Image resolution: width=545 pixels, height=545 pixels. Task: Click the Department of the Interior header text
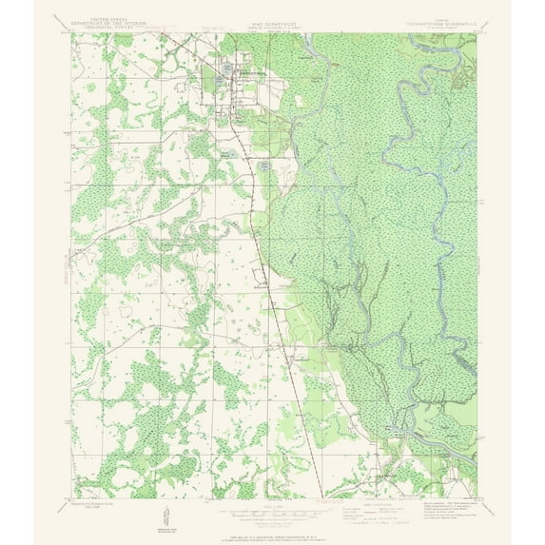[99, 24]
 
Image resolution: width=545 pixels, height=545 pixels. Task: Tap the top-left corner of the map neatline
[69, 34]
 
